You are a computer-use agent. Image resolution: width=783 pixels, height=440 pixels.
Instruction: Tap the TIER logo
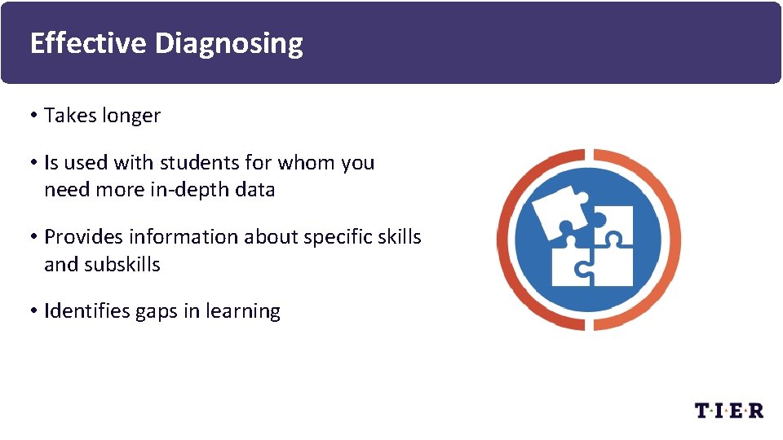pos(728,411)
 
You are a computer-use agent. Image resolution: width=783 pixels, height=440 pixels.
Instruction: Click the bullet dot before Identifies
pos(34,311)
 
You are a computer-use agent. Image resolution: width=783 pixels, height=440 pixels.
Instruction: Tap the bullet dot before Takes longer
pos(34,116)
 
